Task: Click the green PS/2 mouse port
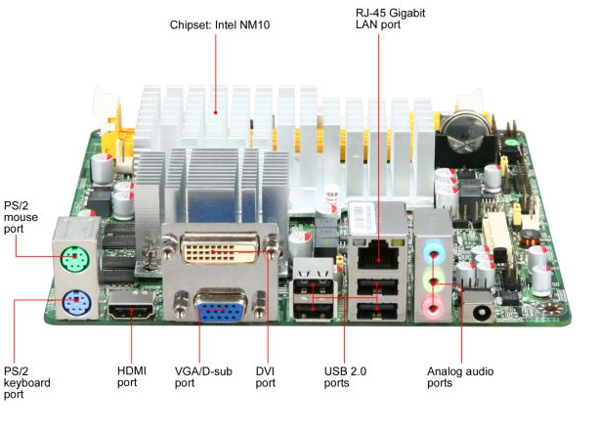pos(71,260)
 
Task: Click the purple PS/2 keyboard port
pos(74,304)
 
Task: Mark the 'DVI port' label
pos(267,376)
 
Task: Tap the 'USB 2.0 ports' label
pos(344,376)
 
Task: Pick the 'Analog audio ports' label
pos(460,376)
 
